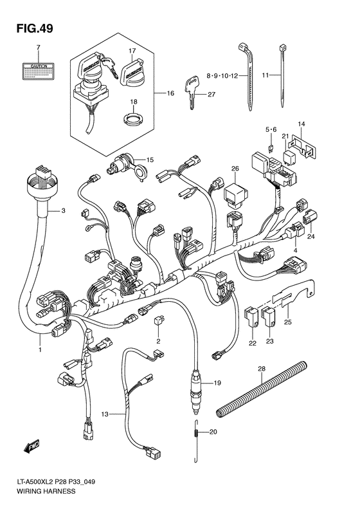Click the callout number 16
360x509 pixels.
tap(170, 94)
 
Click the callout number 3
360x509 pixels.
tap(64, 211)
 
